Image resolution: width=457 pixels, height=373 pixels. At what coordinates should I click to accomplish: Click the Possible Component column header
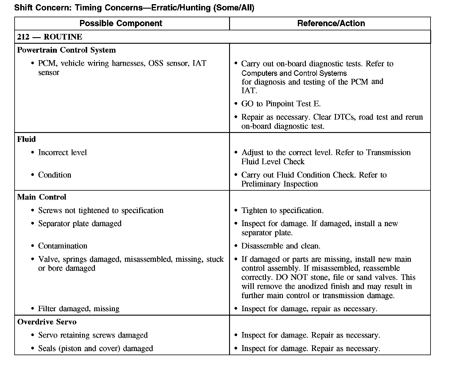click(x=121, y=23)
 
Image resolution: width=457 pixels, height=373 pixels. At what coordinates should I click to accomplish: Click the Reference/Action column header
click(x=331, y=23)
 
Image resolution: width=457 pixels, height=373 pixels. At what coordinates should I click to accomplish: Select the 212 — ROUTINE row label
click(x=50, y=37)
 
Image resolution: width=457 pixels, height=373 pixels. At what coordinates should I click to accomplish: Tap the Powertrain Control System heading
click(x=66, y=50)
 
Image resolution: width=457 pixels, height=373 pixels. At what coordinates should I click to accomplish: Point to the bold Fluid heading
click(x=26, y=139)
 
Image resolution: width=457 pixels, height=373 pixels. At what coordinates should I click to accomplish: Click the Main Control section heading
click(x=42, y=197)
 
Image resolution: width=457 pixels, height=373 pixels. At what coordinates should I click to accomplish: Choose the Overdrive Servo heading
click(x=47, y=322)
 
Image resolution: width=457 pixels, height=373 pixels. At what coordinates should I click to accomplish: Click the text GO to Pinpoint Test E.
click(x=281, y=104)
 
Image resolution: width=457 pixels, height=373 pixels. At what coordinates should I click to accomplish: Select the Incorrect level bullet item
click(x=62, y=153)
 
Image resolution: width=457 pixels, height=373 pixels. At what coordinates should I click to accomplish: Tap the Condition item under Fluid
click(x=55, y=175)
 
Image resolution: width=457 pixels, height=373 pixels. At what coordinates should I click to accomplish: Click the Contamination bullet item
click(x=63, y=246)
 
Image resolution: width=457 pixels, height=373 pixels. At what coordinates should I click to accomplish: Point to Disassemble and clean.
click(x=281, y=246)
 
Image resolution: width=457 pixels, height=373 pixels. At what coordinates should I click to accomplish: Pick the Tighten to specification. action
click(x=282, y=211)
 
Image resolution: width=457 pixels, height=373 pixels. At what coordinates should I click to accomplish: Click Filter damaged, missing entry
click(x=79, y=309)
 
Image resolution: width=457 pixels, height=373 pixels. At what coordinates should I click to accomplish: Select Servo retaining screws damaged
click(x=93, y=335)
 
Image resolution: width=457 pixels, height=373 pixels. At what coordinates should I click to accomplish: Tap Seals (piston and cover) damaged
click(x=96, y=349)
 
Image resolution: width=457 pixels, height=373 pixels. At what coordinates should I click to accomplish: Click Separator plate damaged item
click(x=80, y=224)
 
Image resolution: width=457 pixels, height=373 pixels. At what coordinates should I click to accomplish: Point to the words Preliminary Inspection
click(x=279, y=184)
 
